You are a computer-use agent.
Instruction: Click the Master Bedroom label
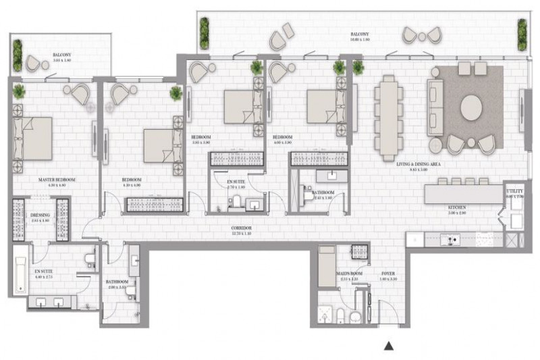[56, 180]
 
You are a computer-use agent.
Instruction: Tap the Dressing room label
[40, 217]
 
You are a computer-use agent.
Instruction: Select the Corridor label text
[240, 228]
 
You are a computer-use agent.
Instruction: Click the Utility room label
[514, 193]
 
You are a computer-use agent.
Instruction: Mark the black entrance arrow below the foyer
[389, 346]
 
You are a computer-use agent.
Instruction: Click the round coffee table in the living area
[471, 108]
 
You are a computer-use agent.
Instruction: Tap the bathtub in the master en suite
[21, 269]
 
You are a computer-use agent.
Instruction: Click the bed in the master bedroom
[34, 138]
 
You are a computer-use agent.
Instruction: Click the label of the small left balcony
[63, 56]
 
